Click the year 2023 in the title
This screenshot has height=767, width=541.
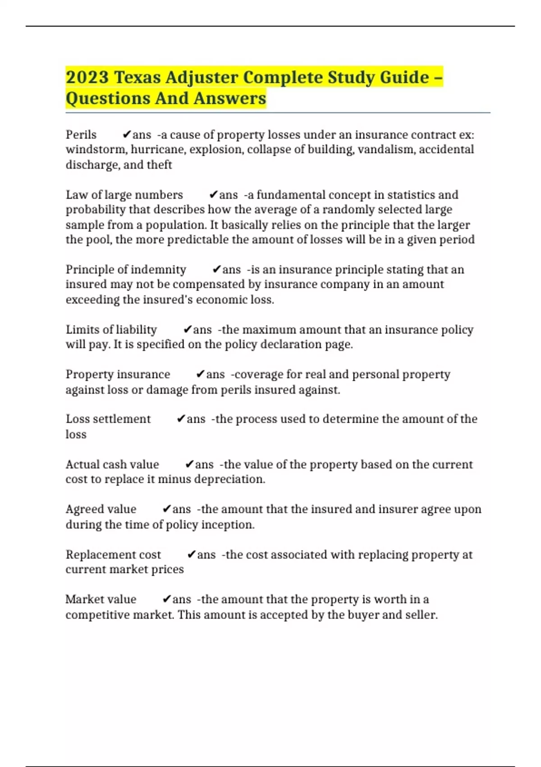point(87,78)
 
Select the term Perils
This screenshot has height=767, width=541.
point(81,135)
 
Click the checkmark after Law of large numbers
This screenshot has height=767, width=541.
point(214,195)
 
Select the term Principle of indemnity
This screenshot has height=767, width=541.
point(126,270)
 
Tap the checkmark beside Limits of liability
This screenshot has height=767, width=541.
point(188,330)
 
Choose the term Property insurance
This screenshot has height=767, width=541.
point(118,374)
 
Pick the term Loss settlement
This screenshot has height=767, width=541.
point(108,419)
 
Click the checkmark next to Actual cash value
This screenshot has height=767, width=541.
point(189,465)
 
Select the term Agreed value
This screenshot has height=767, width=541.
point(101,509)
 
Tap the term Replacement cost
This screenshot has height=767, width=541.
point(113,554)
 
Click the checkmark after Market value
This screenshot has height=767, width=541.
point(166,600)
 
